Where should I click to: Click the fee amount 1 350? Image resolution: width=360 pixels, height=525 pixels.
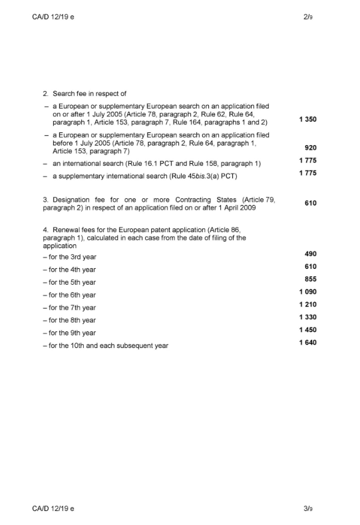306,120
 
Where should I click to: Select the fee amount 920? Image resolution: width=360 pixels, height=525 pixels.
310,149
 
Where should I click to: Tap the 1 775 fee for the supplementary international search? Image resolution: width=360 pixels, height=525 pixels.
306,174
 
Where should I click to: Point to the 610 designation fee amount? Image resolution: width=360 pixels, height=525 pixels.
310,203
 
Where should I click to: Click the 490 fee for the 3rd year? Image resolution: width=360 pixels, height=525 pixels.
310,254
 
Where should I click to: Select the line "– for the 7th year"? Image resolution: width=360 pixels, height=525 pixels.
69,307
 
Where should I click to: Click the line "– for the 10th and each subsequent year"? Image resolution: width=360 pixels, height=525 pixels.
104,345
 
